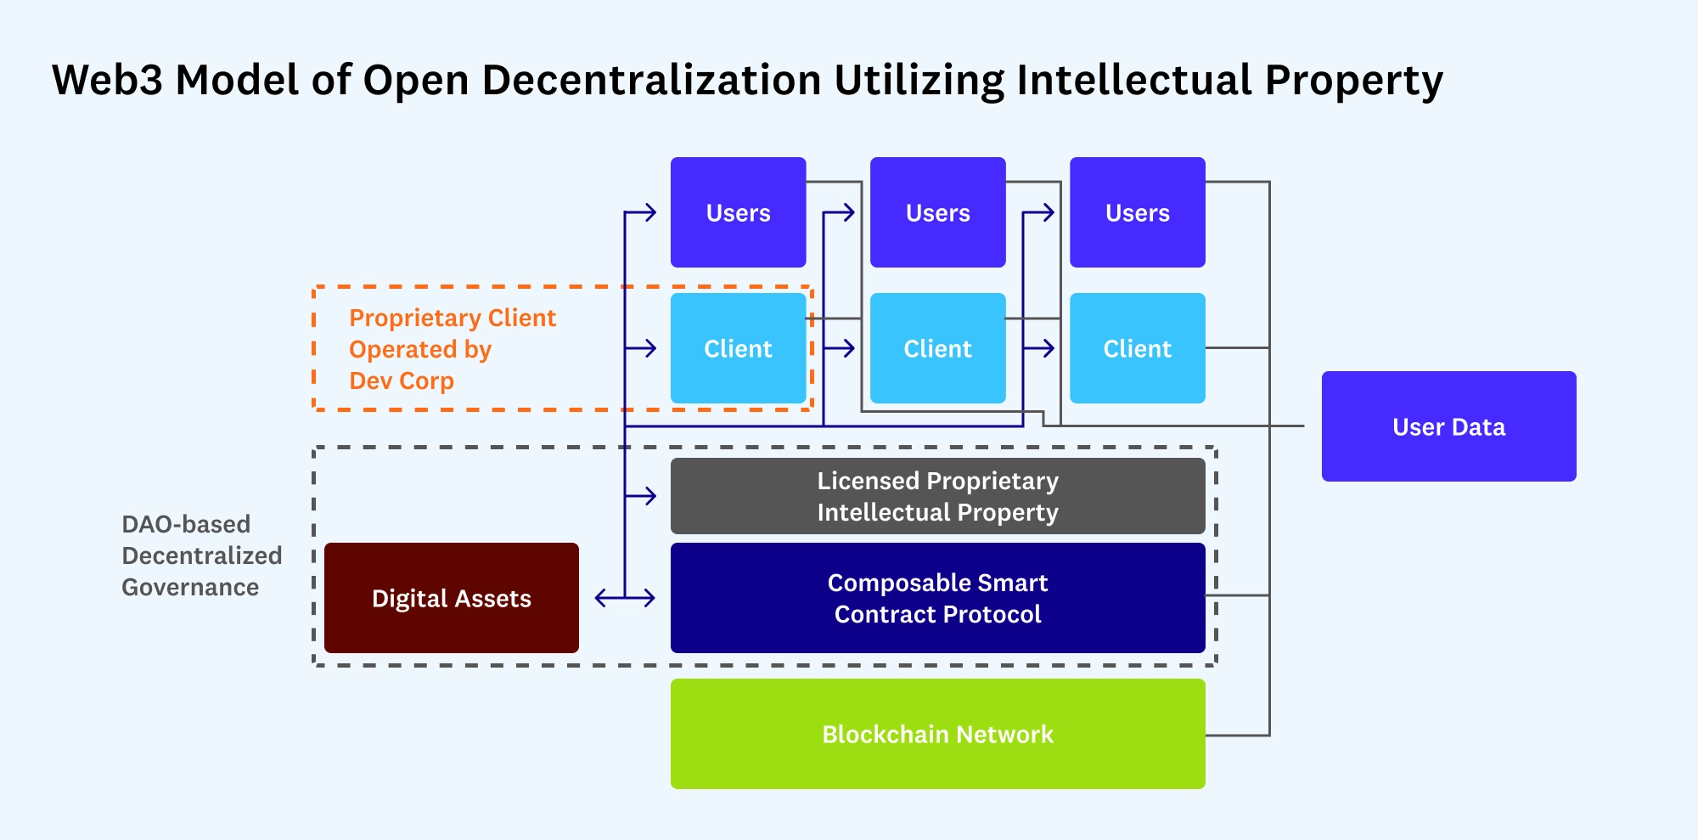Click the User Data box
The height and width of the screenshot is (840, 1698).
point(1448,426)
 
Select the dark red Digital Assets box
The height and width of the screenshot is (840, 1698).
point(452,598)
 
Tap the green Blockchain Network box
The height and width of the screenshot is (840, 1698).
point(937,734)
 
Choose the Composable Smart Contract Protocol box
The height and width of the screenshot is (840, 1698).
point(937,598)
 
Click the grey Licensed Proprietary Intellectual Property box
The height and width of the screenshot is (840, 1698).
point(937,496)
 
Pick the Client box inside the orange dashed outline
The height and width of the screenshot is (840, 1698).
point(738,348)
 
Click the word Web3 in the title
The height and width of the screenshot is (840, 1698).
point(107,81)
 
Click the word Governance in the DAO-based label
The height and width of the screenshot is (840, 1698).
point(190,587)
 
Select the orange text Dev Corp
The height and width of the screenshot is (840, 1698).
point(402,381)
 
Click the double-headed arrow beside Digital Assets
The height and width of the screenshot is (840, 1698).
point(625,598)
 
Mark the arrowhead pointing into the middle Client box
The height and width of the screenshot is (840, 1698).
point(849,348)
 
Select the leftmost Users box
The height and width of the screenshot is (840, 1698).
point(738,212)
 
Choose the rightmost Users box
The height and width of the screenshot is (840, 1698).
point(1137,212)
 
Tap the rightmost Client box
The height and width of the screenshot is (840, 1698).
point(1137,348)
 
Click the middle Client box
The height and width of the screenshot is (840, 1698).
point(937,348)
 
